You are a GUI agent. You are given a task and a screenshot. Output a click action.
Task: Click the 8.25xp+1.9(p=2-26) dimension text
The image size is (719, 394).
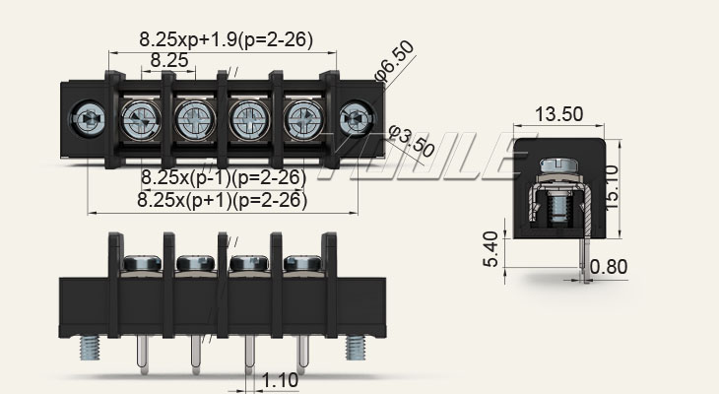click(x=226, y=40)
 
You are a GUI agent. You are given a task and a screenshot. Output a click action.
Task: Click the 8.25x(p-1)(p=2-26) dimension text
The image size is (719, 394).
click(x=223, y=177)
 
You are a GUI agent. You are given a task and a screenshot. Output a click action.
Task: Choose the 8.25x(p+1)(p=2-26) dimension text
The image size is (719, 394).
click(x=223, y=200)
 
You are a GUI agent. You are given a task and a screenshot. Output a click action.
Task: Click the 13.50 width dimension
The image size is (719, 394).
click(x=558, y=114)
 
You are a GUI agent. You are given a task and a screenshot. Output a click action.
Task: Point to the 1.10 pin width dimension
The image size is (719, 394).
click(x=281, y=378)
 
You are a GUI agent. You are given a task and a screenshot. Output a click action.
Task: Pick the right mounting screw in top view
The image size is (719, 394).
click(x=352, y=122)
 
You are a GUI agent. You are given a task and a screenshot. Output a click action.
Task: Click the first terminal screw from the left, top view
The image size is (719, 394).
click(x=137, y=122)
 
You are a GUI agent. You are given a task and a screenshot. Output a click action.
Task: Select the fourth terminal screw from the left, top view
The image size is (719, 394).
click(x=300, y=122)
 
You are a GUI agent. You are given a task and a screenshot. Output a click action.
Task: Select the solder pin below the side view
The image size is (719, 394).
click(x=586, y=258)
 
